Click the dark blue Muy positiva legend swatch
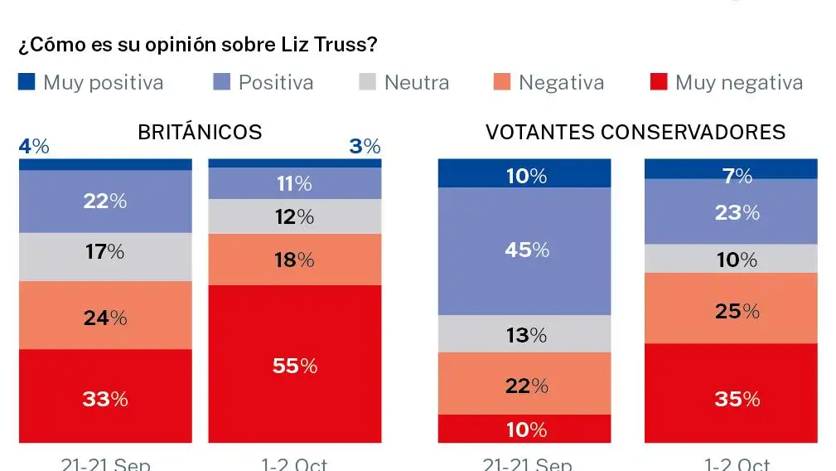27,82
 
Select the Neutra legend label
416,83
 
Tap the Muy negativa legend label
738,83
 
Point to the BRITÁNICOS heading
200,132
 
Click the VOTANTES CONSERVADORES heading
635,132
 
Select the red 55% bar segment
294,364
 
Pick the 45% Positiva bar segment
524,250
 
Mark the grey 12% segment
294,216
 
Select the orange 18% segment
294,260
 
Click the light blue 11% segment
294,183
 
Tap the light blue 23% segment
731,211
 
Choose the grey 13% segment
524,334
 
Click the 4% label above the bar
34,147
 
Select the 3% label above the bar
365,147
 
